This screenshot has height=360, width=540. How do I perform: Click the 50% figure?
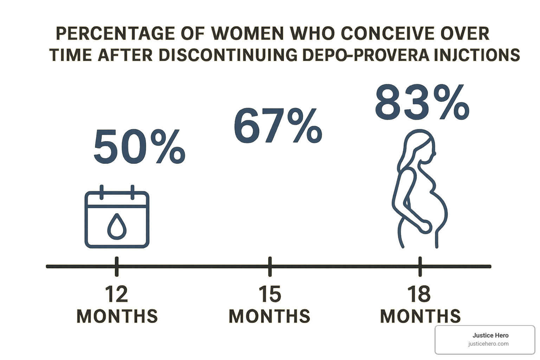point(139,147)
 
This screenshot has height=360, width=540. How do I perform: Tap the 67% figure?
point(278,126)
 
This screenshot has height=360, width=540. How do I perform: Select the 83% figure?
point(422,103)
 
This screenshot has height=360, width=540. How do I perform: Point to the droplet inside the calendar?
point(117,226)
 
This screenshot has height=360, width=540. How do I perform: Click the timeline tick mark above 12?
point(117,266)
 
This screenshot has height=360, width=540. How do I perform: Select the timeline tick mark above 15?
point(270,266)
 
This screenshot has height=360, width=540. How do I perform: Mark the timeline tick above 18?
point(420,266)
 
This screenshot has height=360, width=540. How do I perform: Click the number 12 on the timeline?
point(116,294)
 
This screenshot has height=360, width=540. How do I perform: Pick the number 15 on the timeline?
point(270,294)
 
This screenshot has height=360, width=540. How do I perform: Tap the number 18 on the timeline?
point(419,294)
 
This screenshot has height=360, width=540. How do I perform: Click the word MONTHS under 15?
point(270,316)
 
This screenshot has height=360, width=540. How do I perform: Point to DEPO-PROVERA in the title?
point(366,55)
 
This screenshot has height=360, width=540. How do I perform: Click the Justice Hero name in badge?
point(490,335)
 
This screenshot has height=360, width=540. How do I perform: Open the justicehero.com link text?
point(488,344)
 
